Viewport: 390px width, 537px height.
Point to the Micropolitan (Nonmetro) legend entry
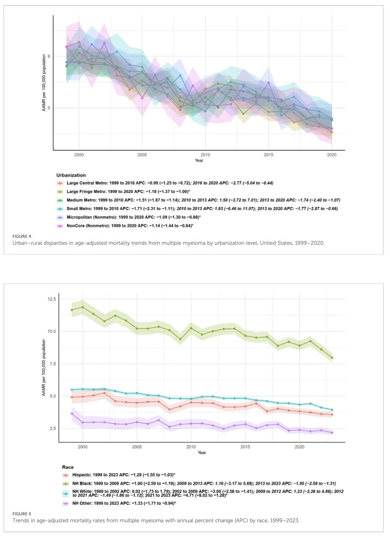tap(91, 217)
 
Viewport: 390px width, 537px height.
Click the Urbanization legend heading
tap(71, 175)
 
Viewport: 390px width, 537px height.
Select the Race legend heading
tap(68, 467)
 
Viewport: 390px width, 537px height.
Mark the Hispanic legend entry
tap(82, 475)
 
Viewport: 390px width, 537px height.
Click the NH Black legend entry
tap(82, 484)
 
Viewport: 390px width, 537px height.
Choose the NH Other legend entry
tap(82, 503)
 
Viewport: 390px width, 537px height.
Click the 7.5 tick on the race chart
tap(52, 364)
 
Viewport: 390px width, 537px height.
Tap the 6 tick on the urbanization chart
tap(49, 56)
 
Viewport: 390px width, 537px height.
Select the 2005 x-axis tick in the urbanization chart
tap(142, 155)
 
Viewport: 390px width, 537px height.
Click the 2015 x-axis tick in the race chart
tap(245, 447)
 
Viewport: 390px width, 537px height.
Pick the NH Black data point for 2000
tap(83, 307)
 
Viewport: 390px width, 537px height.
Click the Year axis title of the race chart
tap(202, 453)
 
